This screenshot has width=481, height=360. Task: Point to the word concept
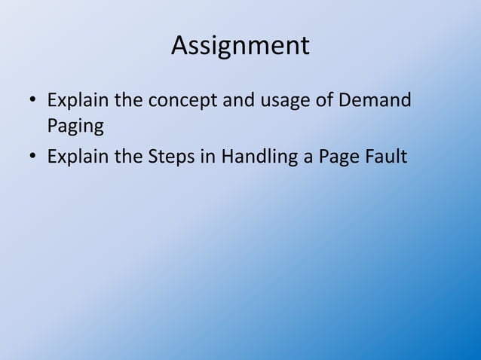181,101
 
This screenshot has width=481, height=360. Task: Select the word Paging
75,125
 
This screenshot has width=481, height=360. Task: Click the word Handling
254,157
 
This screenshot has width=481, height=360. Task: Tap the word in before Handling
204,157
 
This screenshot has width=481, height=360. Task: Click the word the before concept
129,99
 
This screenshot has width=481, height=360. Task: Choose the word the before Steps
129,157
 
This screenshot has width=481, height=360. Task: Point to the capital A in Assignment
180,46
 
